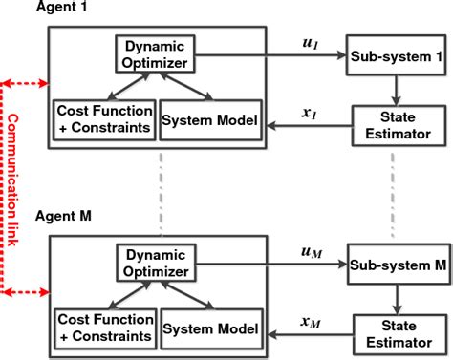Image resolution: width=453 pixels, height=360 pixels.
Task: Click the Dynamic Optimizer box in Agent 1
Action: [x=158, y=55]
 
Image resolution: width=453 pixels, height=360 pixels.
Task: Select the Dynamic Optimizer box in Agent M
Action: [x=158, y=264]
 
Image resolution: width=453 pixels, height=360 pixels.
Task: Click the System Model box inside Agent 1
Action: [x=209, y=119]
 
